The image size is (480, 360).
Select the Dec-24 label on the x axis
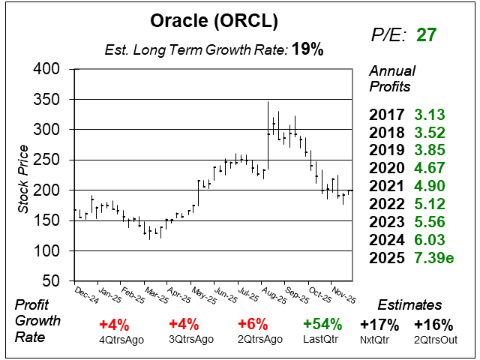click(x=86, y=294)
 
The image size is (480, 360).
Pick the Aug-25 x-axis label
click(x=272, y=294)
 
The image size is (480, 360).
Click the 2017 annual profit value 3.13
click(x=429, y=115)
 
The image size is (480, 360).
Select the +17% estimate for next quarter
click(x=379, y=325)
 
